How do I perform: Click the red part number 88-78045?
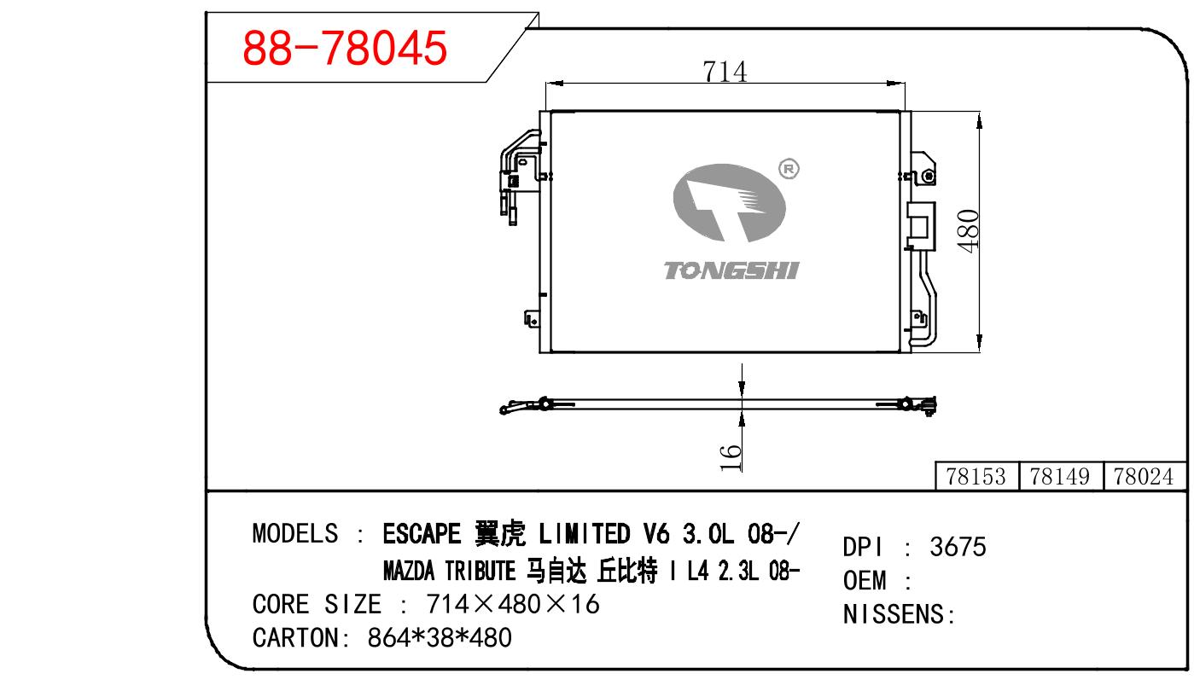pos(345,48)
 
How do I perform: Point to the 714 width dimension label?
pos(725,72)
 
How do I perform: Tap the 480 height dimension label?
pos(969,230)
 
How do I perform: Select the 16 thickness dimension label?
pos(731,458)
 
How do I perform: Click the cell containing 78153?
pos(976,476)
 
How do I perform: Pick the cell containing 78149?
pos(1060,476)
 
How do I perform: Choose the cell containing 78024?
pos(1144,476)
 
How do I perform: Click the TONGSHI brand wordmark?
pos(731,270)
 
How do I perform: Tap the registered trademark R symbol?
pos(789,170)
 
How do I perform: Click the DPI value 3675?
pos(958,547)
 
